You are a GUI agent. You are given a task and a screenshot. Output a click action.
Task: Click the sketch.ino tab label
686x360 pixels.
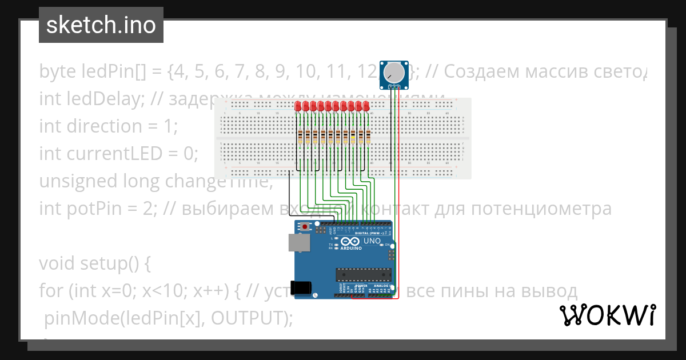click(x=101, y=25)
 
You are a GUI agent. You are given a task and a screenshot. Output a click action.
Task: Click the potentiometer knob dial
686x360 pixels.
click(x=393, y=73)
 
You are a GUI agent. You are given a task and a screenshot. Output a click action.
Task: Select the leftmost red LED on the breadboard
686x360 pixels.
click(x=298, y=106)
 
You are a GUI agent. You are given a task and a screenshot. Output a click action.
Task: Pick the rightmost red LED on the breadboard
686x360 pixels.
click(x=366, y=106)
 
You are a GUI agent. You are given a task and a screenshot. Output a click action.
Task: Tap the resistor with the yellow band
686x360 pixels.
click(x=353, y=137)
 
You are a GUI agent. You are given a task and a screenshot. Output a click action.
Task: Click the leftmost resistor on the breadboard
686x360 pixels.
click(x=301, y=137)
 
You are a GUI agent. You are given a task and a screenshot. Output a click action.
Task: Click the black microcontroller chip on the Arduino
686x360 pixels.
click(x=364, y=275)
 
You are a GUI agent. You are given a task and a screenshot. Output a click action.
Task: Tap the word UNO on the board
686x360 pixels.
click(x=372, y=241)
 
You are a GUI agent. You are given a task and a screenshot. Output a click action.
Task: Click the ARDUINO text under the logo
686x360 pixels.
click(x=352, y=249)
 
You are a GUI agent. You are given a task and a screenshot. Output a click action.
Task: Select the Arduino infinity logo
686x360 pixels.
click(x=352, y=242)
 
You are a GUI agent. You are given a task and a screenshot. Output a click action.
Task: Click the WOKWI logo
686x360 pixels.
click(x=607, y=315)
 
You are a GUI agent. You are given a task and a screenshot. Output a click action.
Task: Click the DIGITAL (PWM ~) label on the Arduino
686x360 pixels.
click(x=369, y=233)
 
